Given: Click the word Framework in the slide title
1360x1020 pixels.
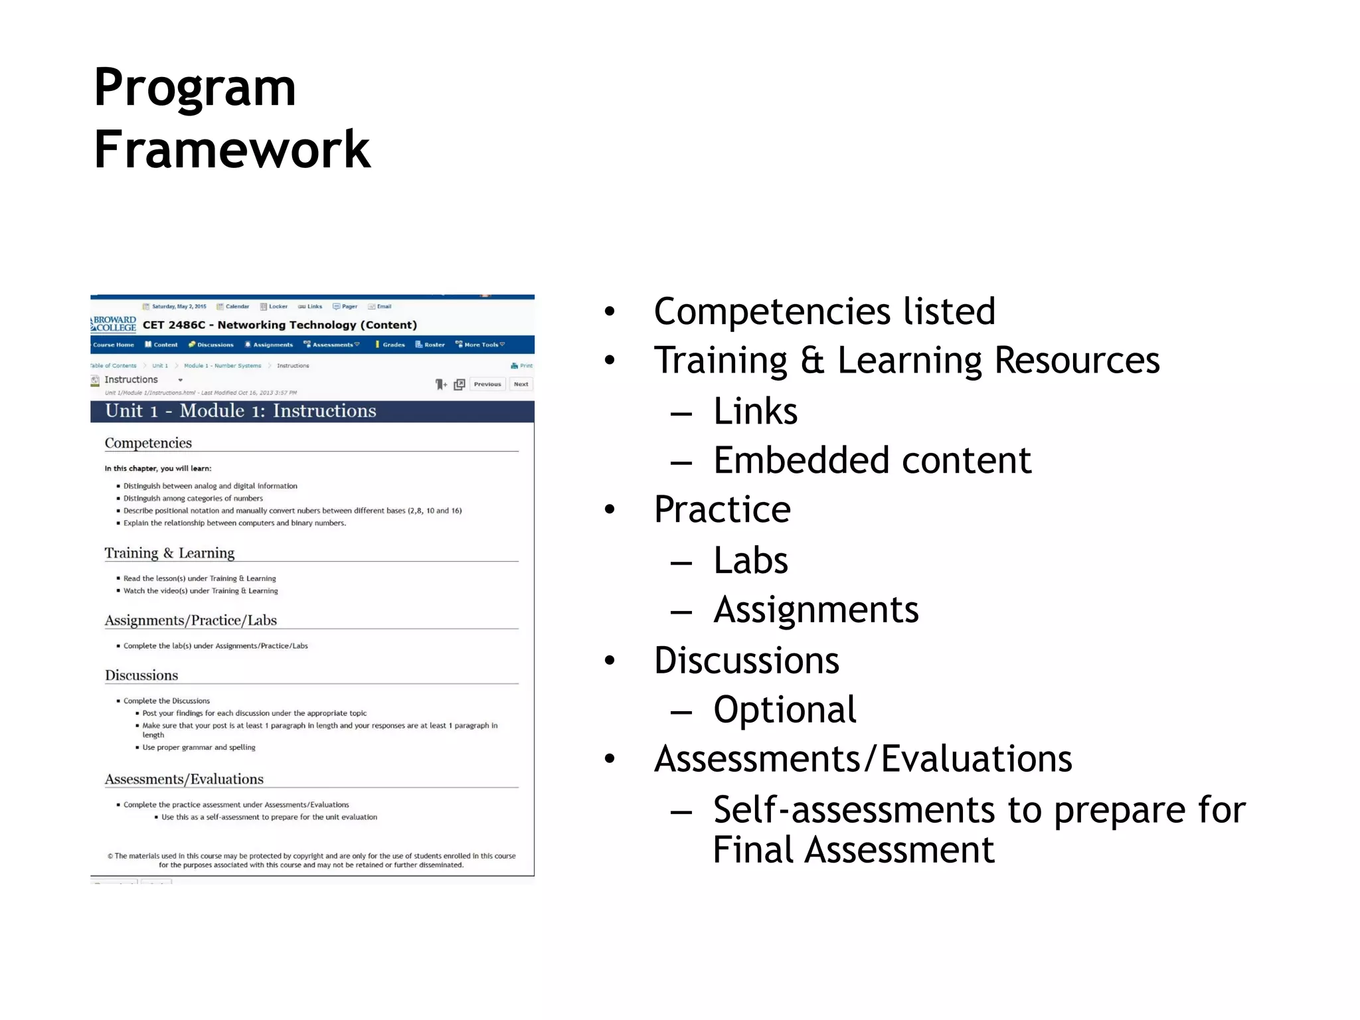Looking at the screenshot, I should click(x=232, y=150).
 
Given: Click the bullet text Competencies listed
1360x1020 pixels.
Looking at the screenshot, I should click(x=824, y=311).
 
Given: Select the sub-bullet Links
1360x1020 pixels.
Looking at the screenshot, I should click(x=755, y=411).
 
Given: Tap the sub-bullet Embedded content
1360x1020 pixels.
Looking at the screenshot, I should click(x=872, y=460).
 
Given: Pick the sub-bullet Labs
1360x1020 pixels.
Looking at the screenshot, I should click(x=750, y=560).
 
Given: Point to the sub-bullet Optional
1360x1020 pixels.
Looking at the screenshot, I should click(x=784, y=709).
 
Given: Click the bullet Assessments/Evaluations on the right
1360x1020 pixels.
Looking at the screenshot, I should click(x=863, y=759).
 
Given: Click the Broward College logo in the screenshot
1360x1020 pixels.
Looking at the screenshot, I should click(x=114, y=324).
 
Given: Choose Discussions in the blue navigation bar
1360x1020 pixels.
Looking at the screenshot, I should click(x=212, y=345).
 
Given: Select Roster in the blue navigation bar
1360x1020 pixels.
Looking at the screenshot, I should click(x=431, y=345).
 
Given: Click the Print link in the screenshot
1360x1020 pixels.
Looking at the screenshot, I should click(x=523, y=366).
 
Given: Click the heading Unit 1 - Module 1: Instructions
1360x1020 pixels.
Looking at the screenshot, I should click(x=240, y=411).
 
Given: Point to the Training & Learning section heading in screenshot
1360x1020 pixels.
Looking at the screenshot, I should click(x=169, y=553).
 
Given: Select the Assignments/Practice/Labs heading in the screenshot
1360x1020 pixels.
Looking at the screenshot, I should click(x=191, y=620).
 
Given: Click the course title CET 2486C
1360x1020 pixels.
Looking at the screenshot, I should click(x=280, y=325).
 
